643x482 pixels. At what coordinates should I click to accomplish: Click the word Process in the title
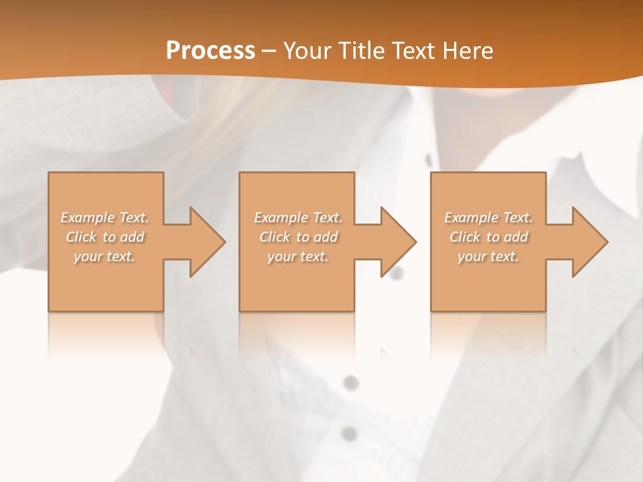(x=210, y=50)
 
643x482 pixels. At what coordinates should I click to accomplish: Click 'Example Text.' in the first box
(x=105, y=218)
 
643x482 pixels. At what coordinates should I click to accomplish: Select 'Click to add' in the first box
(x=105, y=237)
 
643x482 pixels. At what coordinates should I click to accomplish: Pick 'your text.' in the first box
(x=105, y=256)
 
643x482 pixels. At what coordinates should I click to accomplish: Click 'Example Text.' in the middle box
(x=298, y=218)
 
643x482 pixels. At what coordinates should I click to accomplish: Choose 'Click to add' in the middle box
(x=298, y=237)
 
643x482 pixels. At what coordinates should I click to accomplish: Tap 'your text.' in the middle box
(x=298, y=256)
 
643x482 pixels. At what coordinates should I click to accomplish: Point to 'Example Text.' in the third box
(x=488, y=218)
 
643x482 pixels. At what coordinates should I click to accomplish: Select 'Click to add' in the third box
(x=488, y=237)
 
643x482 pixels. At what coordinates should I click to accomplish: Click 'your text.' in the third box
(x=488, y=256)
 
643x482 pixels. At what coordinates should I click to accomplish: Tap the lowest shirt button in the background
(x=348, y=433)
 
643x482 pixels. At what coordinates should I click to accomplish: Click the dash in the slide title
(x=269, y=51)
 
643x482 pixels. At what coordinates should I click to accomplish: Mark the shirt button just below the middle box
(x=350, y=383)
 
